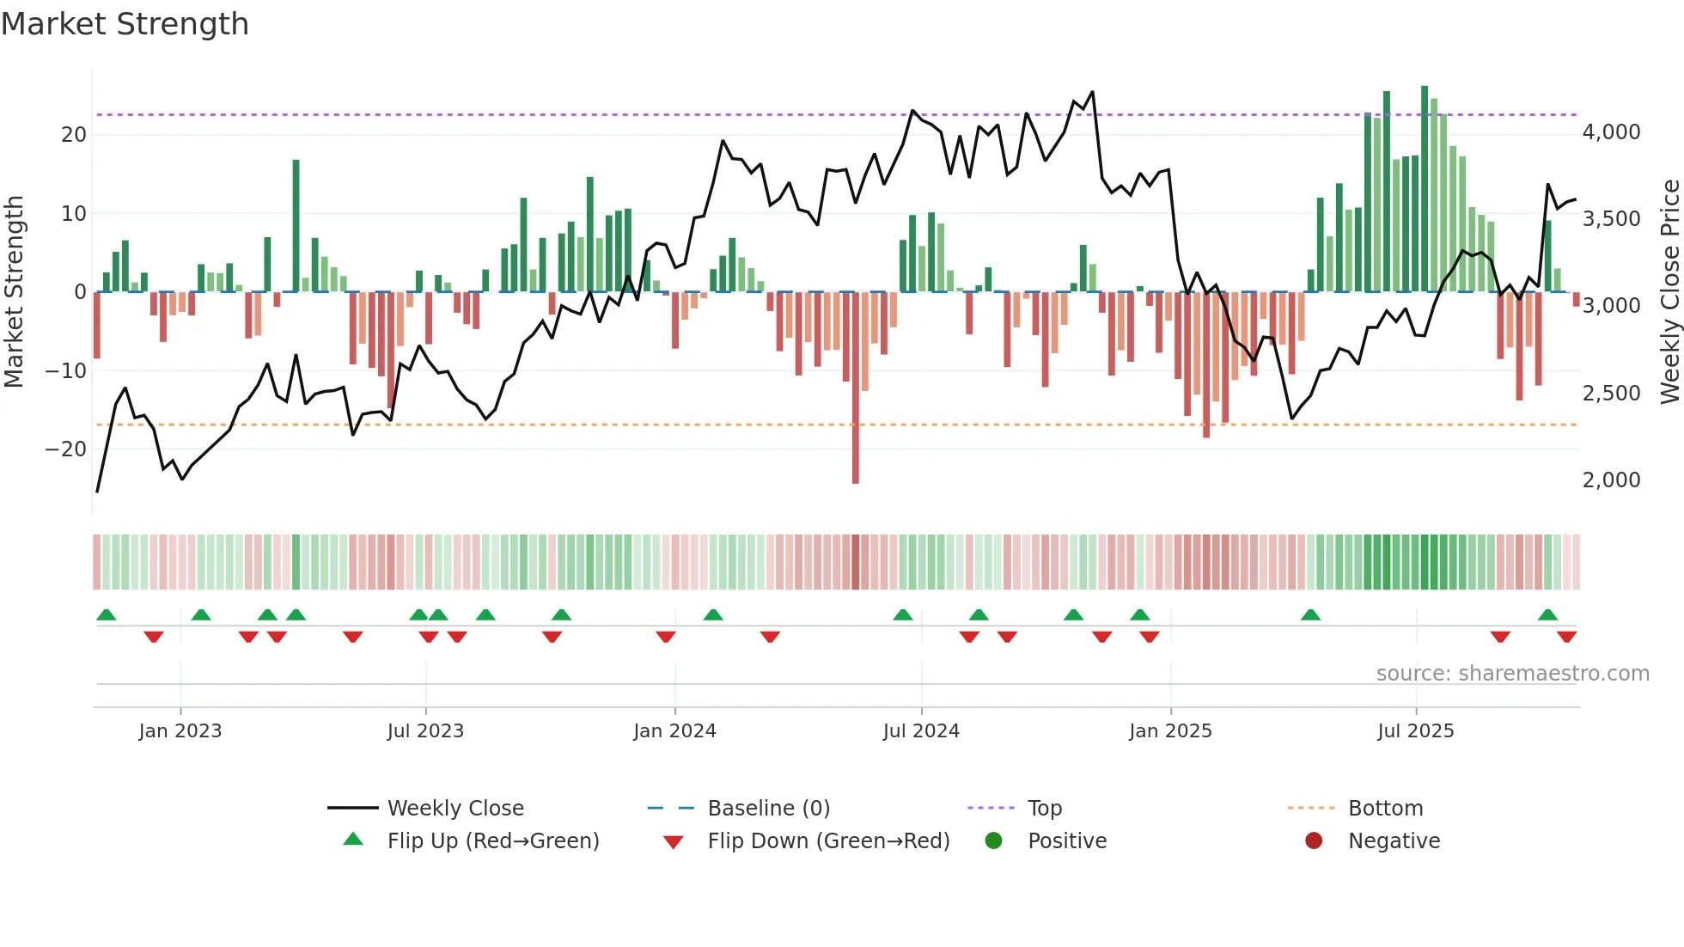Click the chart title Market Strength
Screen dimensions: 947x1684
click(125, 24)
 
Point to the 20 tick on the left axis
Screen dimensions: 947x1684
click(73, 134)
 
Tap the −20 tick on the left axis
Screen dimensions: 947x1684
click(66, 449)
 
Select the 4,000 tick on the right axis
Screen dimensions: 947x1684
click(1611, 132)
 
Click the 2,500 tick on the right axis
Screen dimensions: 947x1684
click(1611, 393)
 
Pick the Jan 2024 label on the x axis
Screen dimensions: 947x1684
click(674, 730)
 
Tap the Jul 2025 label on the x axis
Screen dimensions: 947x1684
click(1415, 730)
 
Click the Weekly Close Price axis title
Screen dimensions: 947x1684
click(1669, 292)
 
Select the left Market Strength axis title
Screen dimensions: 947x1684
click(14, 292)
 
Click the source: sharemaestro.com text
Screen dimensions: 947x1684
click(1512, 673)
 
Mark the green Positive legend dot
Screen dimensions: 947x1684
click(993, 840)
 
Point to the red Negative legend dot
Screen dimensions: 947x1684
click(1314, 840)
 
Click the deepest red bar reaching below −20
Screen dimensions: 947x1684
click(856, 387)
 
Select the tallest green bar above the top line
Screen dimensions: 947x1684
click(1425, 189)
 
